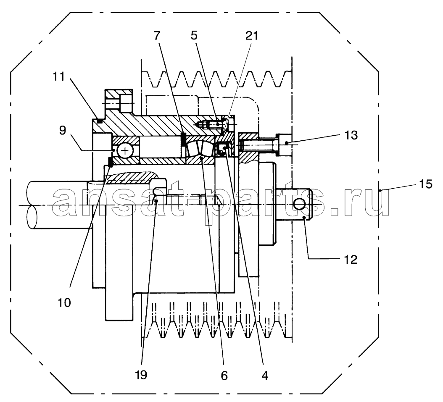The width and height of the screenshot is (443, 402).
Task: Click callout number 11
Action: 59,76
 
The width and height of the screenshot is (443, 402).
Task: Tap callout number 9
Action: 63,130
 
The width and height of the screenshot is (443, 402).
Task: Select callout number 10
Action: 64,302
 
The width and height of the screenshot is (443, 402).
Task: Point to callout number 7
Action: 157,36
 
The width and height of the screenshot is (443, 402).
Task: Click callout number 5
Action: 194,36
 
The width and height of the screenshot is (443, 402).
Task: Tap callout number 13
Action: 351,135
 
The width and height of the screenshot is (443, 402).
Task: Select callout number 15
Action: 426,184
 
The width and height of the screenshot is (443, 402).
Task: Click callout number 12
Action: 351,260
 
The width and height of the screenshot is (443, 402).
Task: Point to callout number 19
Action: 141,375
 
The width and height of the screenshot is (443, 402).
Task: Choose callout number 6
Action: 224,376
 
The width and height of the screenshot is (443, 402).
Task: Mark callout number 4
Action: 265,376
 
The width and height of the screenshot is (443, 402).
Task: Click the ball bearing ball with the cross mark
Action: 124,151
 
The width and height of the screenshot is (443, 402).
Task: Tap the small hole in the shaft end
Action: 300,204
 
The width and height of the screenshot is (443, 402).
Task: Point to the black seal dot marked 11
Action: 100,121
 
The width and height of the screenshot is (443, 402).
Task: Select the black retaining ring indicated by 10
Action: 110,162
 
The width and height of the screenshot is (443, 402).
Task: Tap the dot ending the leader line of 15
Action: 380,191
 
